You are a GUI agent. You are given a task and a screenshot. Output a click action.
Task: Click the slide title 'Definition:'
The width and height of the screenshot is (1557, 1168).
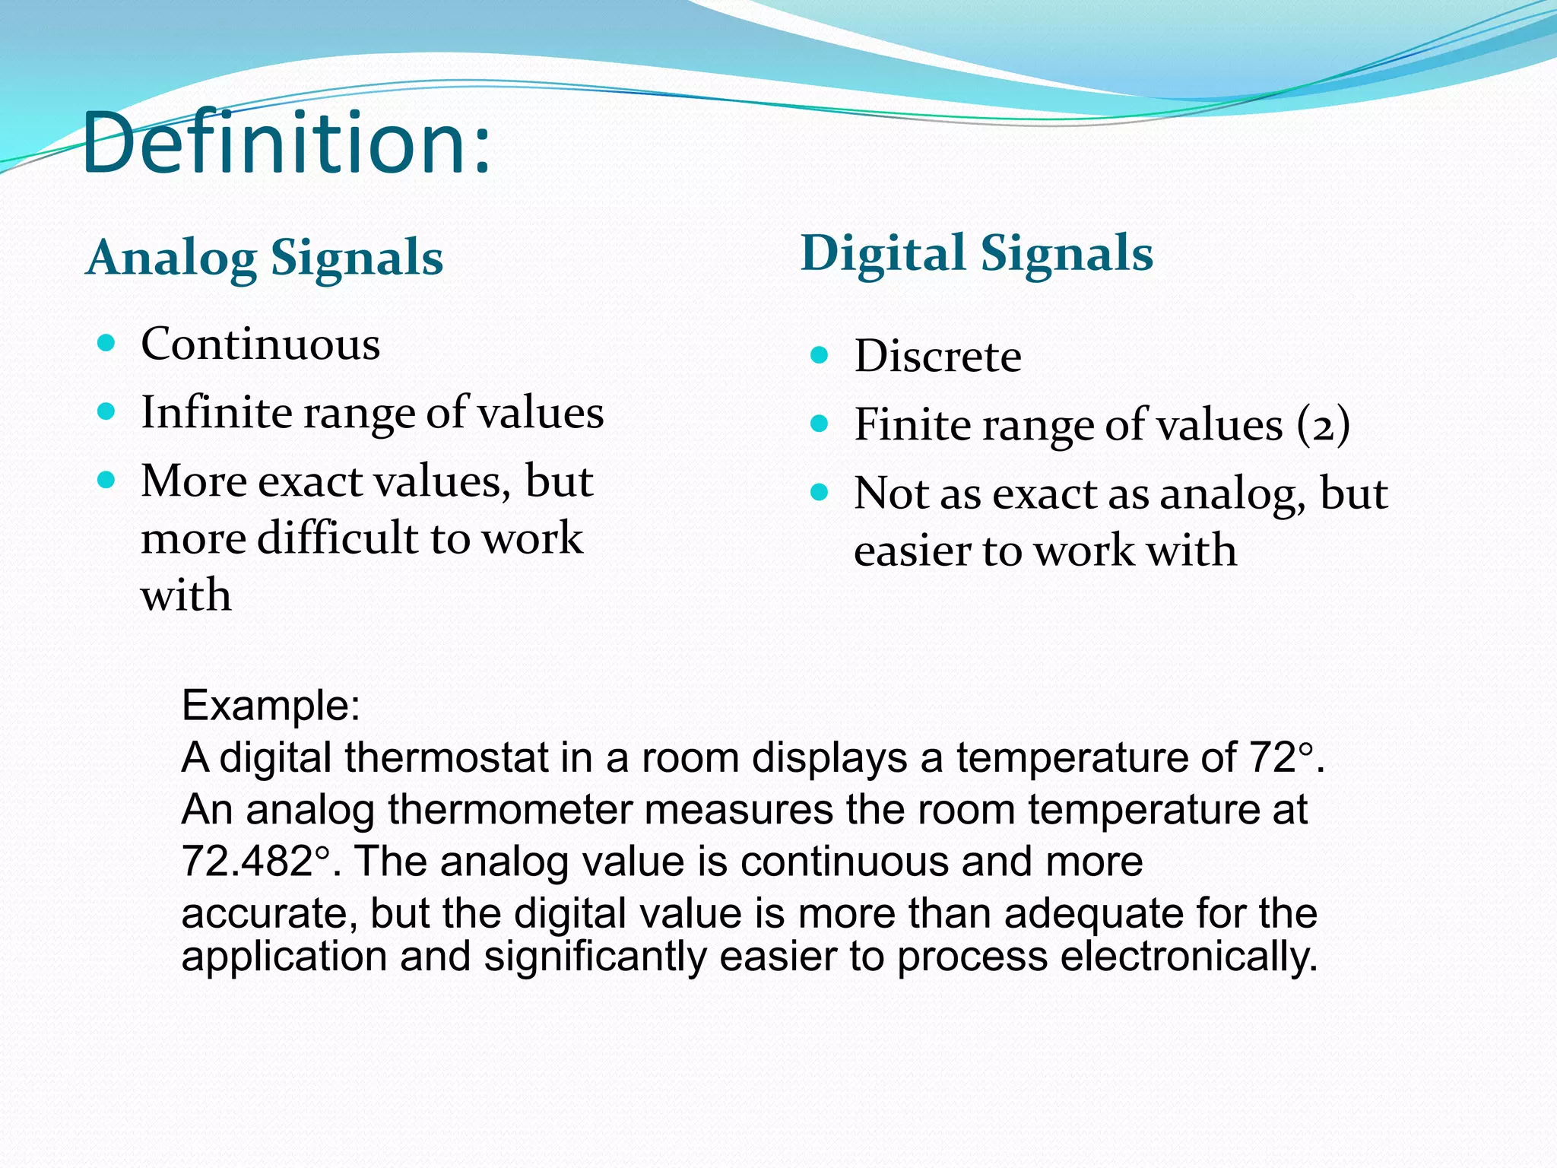287,143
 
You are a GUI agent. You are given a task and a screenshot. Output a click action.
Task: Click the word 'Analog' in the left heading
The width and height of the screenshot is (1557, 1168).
171,259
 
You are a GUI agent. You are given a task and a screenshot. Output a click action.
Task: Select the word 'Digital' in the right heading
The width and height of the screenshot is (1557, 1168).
883,253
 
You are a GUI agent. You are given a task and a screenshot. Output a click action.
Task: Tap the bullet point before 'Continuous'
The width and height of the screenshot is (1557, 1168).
106,343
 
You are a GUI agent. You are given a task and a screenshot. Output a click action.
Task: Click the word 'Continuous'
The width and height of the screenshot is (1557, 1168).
260,344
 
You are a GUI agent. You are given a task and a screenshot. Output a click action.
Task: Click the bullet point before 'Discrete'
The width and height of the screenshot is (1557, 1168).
819,354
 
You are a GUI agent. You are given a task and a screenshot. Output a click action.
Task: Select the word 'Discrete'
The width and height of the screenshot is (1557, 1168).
937,356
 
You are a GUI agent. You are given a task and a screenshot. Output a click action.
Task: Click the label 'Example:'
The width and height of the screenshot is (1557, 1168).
271,705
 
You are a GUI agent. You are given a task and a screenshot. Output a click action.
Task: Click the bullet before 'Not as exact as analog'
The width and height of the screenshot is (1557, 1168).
819,493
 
